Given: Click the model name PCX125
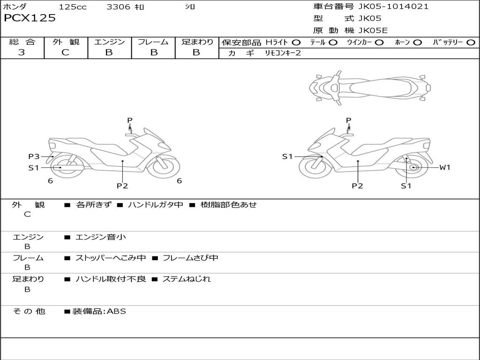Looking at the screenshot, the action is pos(30,18).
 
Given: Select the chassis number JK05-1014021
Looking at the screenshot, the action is pos(393,7).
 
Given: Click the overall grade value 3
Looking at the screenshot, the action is pos(22,52).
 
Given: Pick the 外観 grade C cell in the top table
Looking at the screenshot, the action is pos(66,52).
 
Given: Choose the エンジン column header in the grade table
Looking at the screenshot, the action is pos(109,42).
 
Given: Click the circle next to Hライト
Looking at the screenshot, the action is pos(296,43).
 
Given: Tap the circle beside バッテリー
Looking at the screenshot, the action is pos(471,43).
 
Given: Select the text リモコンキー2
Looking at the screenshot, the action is pos(283,53).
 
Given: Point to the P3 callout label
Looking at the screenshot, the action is pos(34,157).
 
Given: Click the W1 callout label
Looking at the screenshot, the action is pos(444,167).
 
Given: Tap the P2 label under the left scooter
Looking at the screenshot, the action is pos(122,186).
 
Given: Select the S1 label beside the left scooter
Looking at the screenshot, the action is pos(34,167).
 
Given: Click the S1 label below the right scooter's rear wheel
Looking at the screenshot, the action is pos(406,186).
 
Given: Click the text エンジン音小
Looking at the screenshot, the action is pos(101,237).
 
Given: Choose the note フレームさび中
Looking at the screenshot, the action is pos(190,258).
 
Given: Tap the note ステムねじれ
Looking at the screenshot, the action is pos(186,279).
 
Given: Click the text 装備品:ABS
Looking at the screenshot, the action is pos(99,311).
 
